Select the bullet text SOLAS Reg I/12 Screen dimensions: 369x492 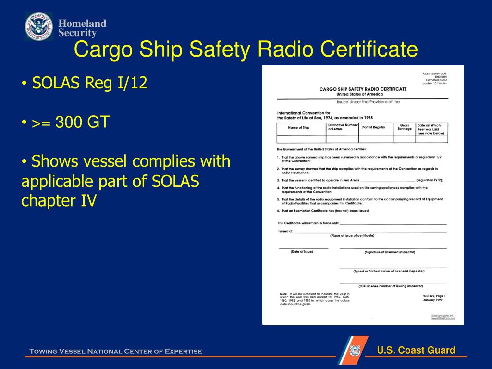click(89, 84)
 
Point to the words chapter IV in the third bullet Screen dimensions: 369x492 click(59, 200)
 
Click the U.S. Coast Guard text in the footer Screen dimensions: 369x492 click(416, 350)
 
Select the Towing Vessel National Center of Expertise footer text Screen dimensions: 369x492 click(116, 351)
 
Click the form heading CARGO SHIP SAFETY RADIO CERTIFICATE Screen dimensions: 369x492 click(363, 89)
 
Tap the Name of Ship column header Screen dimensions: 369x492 click(299, 128)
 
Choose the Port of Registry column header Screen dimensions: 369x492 click(373, 127)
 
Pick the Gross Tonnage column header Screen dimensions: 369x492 click(405, 127)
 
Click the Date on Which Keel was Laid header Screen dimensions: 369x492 click(431, 129)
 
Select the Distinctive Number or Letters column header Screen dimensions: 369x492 click(343, 127)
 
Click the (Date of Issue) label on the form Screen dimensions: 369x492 click(302, 252)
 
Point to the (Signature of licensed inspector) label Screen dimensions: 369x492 click(390, 252)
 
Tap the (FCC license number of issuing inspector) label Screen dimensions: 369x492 click(391, 286)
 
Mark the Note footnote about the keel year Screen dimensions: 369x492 click(315, 298)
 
